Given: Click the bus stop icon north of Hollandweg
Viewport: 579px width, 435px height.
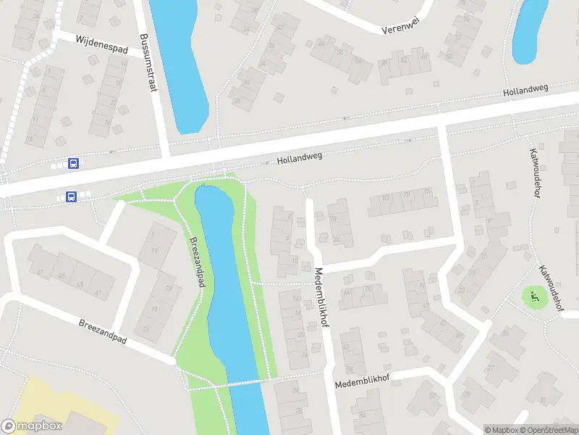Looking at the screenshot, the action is click(x=73, y=163).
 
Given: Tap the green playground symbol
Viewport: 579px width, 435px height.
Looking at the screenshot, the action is click(x=535, y=297).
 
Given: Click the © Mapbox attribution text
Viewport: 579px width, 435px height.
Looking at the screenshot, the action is click(x=502, y=430).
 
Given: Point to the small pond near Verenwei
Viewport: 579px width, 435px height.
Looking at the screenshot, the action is click(x=530, y=29).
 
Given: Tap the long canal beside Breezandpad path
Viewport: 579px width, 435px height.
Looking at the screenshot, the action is click(x=224, y=290).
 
